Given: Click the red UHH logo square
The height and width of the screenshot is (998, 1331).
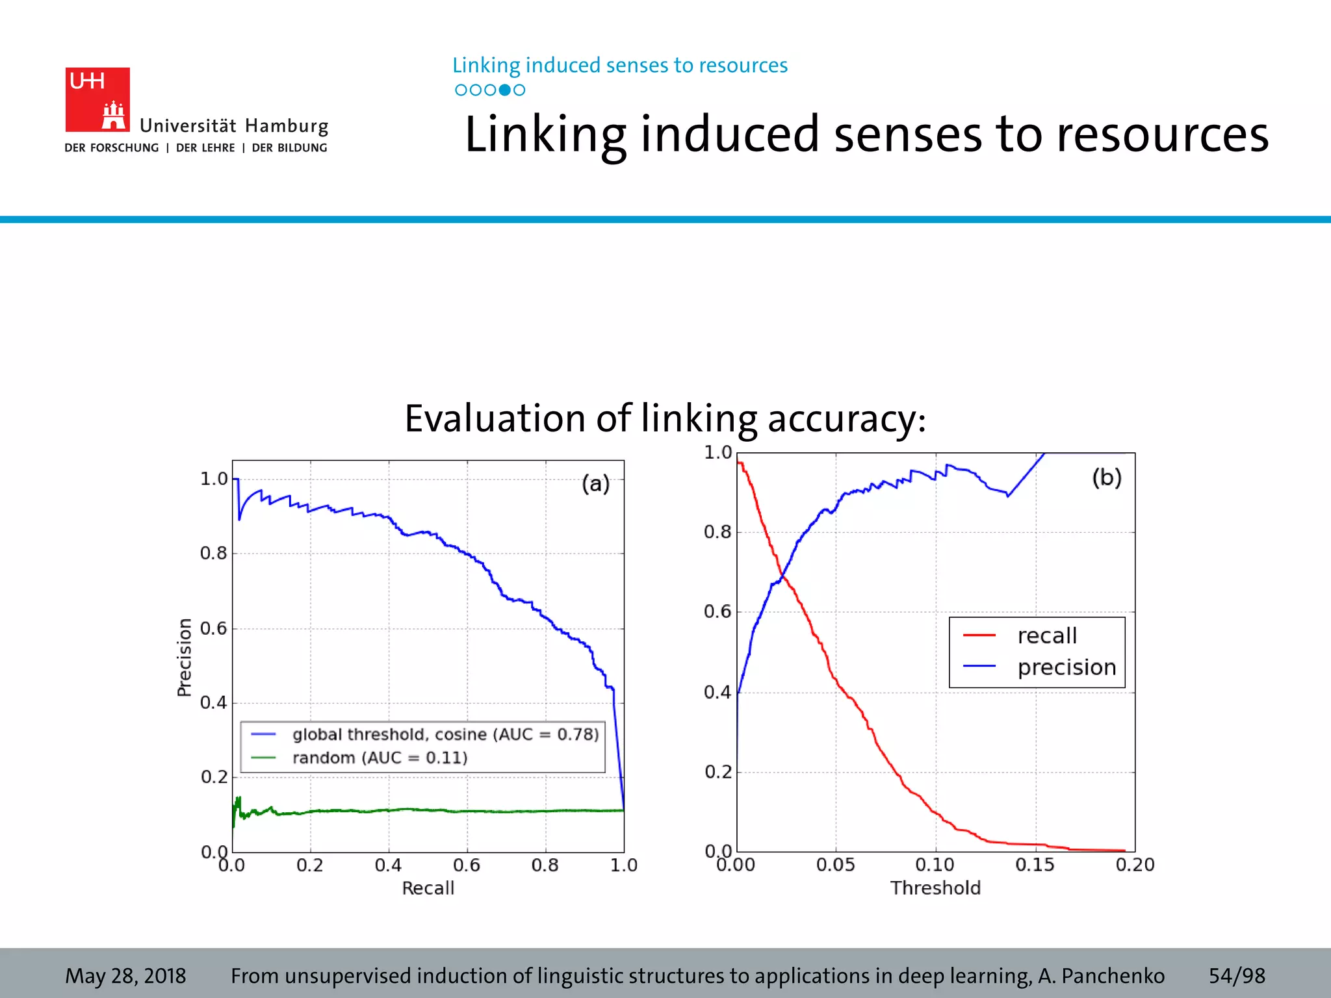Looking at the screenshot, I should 97,99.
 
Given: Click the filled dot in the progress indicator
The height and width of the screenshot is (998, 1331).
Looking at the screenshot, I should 504,90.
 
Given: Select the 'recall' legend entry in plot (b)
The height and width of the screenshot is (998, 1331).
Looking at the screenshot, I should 1046,635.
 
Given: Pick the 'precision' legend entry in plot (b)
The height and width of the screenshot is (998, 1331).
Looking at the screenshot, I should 1066,667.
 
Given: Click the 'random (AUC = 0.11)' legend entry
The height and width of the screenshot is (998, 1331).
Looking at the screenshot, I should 380,758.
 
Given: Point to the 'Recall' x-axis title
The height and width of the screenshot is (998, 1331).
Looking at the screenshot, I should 428,888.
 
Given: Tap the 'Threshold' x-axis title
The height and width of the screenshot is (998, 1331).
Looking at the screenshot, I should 935,888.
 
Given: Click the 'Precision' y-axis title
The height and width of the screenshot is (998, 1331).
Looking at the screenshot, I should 185,657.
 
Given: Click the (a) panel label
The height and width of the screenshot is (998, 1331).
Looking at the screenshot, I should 595,483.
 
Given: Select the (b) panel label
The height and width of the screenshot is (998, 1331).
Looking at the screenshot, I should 1107,478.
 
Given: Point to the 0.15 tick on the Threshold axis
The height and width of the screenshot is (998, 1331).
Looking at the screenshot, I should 1035,865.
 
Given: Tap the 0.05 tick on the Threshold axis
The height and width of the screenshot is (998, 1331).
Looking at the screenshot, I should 835,865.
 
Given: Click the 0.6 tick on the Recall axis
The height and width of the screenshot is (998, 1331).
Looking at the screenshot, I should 467,865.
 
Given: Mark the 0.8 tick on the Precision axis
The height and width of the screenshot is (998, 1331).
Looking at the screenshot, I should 213,554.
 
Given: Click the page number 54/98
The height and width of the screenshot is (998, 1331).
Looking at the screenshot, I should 1237,976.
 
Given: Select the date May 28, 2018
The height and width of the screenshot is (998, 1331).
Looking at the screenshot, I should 125,976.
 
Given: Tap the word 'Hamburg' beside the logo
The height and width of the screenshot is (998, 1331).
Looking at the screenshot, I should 287,126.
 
